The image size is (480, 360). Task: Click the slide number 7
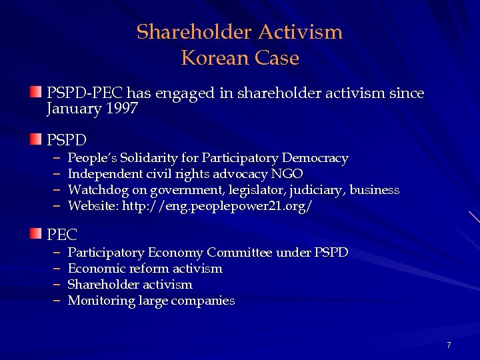[449, 345]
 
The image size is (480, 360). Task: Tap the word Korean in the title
[213, 58]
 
